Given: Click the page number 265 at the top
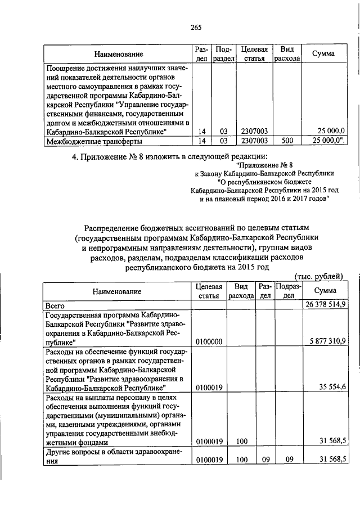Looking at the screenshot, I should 196,28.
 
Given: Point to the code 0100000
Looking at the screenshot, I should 208,341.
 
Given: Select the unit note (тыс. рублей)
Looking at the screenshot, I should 318,276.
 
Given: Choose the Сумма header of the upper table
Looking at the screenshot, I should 323,54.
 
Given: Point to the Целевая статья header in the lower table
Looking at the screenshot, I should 208,291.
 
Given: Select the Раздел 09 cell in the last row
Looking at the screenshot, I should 264,460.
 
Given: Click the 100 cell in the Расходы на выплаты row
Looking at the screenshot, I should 242,442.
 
